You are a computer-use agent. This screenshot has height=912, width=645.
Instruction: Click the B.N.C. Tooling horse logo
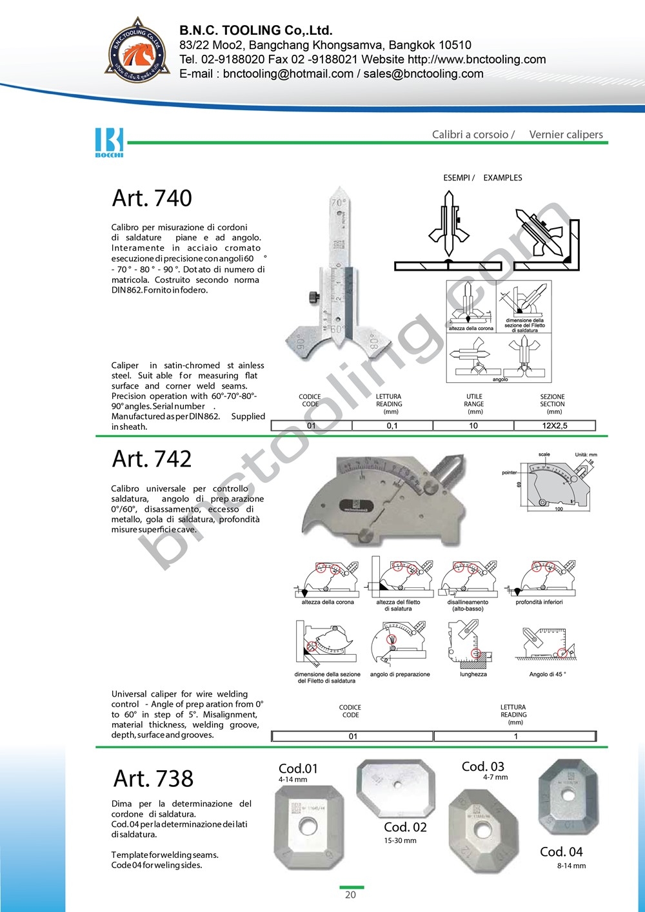[x=137, y=52]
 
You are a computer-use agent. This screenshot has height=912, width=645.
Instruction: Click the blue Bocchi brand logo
[x=109, y=142]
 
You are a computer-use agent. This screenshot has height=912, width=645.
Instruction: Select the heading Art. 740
[x=152, y=199]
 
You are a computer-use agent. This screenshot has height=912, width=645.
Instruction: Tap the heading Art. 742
[x=152, y=460]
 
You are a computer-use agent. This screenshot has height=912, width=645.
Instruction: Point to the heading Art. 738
[x=154, y=779]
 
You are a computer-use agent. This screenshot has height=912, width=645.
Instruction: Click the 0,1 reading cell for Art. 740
[x=392, y=426]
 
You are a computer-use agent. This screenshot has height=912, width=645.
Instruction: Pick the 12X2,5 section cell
[x=555, y=426]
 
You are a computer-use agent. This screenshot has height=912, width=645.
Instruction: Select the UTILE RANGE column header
[x=474, y=404]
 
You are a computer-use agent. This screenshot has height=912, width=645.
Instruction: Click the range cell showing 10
[x=473, y=426]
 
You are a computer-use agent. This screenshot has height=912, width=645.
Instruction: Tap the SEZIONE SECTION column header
[x=553, y=404]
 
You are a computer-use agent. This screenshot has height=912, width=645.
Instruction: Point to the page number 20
[x=350, y=895]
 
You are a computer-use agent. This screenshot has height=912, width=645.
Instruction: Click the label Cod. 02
[x=405, y=827]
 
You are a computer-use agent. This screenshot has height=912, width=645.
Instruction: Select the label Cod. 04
[x=561, y=852]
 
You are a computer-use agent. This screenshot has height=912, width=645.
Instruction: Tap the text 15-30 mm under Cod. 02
[x=400, y=840]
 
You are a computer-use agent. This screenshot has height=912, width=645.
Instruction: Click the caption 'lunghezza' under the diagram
[x=473, y=674]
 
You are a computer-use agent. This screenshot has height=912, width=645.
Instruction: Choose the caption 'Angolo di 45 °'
[x=548, y=674]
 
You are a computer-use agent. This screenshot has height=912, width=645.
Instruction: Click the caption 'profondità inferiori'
[x=539, y=602]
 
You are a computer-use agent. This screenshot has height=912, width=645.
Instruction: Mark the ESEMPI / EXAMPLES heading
[x=482, y=178]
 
